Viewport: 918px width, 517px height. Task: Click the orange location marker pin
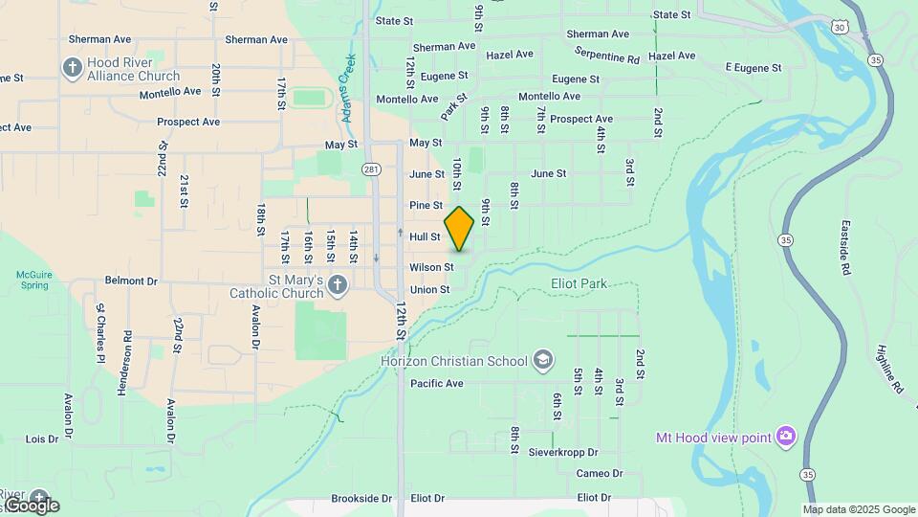(x=459, y=229)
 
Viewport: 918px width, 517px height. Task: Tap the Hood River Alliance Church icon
(x=72, y=67)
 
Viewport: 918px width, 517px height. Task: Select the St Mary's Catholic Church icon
(x=337, y=284)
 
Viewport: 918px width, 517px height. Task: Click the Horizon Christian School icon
(x=543, y=360)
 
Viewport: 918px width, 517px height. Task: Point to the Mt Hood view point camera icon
(x=786, y=437)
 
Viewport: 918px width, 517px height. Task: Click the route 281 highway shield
(x=371, y=169)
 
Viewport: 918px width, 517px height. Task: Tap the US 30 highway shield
(x=839, y=29)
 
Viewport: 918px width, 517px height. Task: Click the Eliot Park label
(x=579, y=283)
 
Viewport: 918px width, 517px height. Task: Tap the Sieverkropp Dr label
(x=563, y=452)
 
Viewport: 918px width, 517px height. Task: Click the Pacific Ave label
(x=436, y=384)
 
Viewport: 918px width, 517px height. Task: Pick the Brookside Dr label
(x=361, y=499)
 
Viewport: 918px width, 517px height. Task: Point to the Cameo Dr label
(x=600, y=474)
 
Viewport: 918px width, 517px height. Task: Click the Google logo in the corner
(x=31, y=506)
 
